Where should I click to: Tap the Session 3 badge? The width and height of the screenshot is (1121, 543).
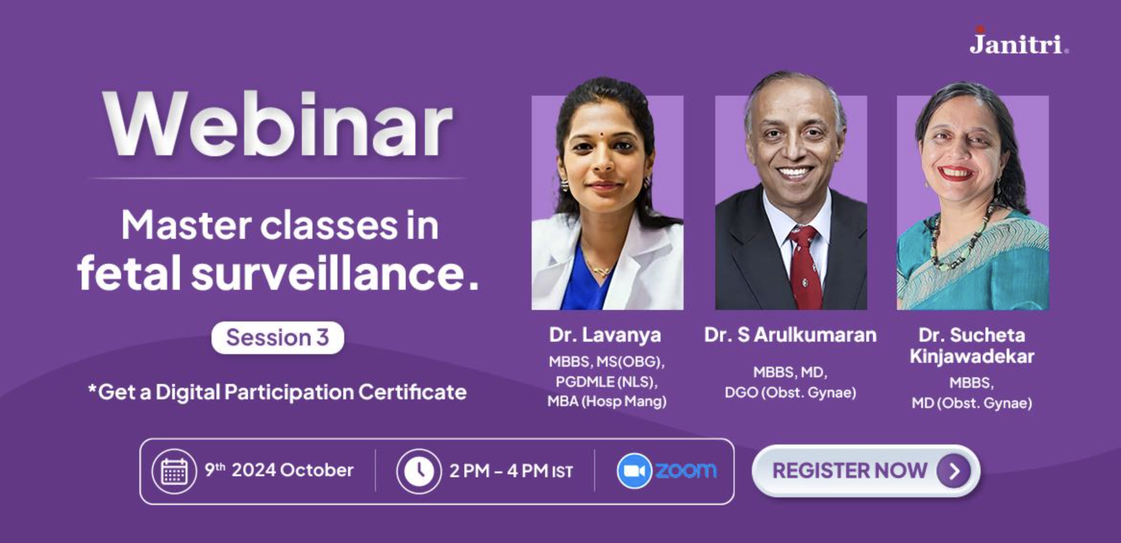(x=277, y=338)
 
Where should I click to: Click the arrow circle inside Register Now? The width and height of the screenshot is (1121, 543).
(x=953, y=471)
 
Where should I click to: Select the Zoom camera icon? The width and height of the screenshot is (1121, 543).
(x=634, y=471)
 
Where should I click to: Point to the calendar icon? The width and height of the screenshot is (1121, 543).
(x=174, y=471)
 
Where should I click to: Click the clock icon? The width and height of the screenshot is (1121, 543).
(x=419, y=471)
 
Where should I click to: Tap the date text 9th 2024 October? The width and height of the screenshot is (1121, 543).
(x=279, y=470)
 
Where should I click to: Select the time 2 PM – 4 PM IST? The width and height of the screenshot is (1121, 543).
(x=511, y=471)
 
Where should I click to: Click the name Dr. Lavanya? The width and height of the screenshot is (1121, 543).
(x=605, y=335)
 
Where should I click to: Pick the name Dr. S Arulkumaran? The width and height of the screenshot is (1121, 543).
(x=790, y=335)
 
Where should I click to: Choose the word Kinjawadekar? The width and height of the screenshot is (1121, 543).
(x=972, y=357)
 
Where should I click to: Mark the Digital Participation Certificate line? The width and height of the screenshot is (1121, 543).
(x=277, y=392)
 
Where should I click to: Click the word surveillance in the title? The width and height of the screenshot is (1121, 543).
(x=335, y=272)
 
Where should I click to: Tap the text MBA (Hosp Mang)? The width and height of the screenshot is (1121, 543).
(x=607, y=401)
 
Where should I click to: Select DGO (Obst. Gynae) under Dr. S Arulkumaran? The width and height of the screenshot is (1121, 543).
(x=790, y=393)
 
